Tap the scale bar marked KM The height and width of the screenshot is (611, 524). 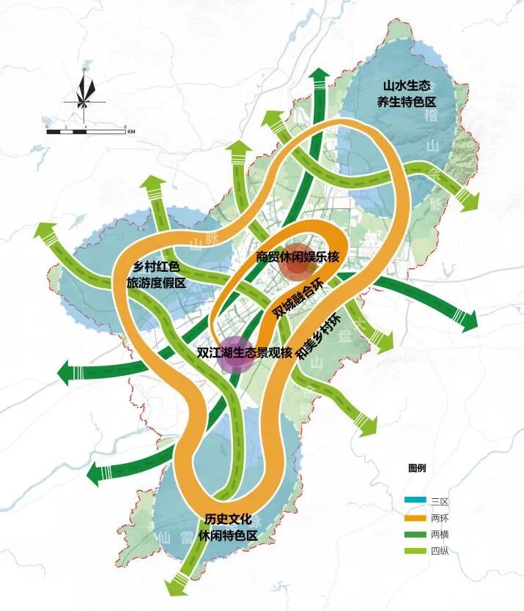(86, 130)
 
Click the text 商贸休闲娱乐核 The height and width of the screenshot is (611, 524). (298, 257)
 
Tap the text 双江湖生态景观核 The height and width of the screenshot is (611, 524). (245, 352)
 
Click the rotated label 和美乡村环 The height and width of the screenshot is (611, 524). (320, 337)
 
